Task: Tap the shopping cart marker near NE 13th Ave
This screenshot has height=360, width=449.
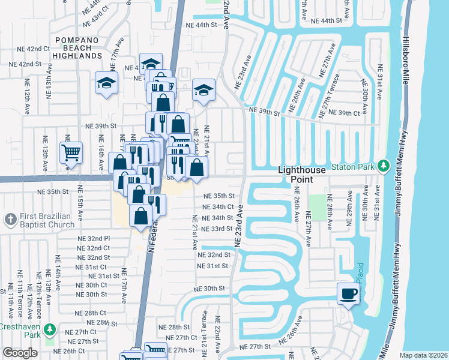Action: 71,152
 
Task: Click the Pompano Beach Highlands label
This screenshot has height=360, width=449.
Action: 78,48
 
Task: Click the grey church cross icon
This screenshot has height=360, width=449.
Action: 10,220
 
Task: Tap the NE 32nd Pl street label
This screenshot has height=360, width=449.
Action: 93,238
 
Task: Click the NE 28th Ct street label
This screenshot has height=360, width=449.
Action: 91,313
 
